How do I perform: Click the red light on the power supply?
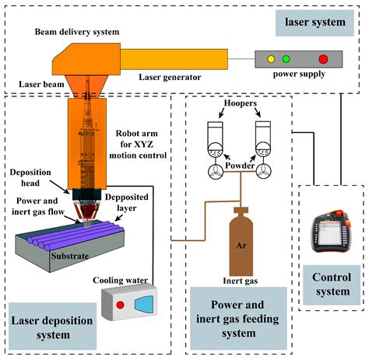[323, 59]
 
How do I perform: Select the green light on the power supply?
[286, 59]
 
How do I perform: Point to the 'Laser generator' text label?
[170, 77]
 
